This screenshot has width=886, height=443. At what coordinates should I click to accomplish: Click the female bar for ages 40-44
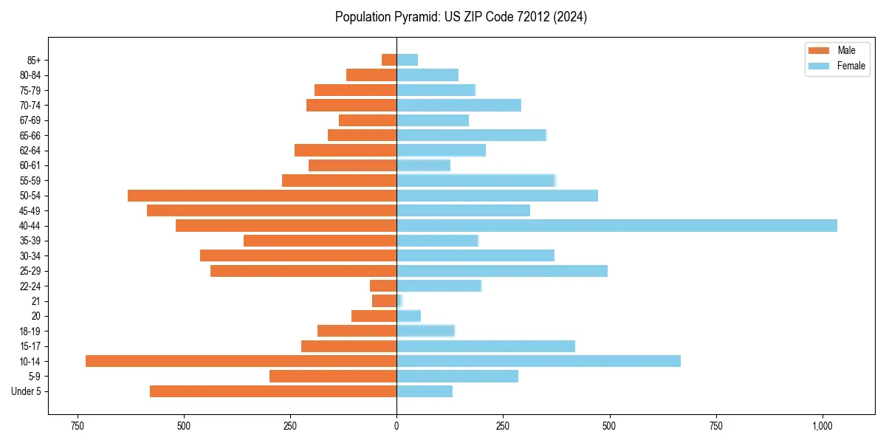[x=617, y=225]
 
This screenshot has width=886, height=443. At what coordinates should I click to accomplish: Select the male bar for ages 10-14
[x=241, y=361]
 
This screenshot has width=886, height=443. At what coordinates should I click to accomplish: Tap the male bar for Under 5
[x=273, y=391]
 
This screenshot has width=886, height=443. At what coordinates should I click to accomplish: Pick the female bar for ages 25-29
[x=502, y=271]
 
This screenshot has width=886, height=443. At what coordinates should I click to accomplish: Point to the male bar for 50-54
[x=262, y=196]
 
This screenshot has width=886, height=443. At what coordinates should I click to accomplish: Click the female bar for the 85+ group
[x=408, y=60]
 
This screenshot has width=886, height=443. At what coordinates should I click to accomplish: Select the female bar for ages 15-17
[x=486, y=346]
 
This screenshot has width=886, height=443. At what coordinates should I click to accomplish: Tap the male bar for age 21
[x=385, y=301]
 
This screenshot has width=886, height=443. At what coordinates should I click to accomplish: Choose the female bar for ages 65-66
[x=471, y=135]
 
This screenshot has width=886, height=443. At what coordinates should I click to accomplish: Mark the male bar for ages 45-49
[x=272, y=210]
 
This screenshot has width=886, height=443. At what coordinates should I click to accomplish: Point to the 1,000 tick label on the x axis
[x=823, y=426]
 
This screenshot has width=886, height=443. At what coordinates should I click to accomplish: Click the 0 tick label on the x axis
[x=396, y=426]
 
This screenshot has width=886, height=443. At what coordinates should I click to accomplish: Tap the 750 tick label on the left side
[x=77, y=426]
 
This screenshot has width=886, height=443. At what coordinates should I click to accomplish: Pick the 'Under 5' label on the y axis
[x=27, y=391]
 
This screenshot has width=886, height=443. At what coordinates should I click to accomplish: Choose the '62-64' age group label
[x=30, y=151]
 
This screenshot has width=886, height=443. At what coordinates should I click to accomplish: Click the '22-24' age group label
[x=30, y=286]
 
